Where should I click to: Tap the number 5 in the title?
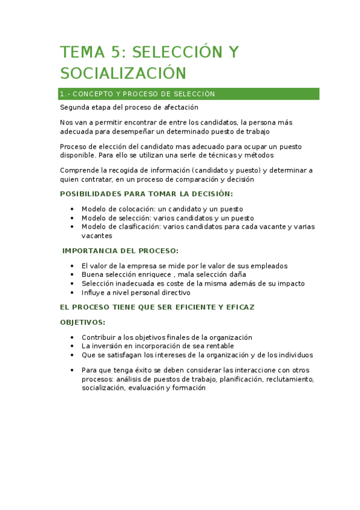tap(119, 52)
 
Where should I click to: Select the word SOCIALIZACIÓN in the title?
tap(123, 73)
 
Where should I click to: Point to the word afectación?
tap(180, 108)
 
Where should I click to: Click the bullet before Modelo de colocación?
tap(72, 209)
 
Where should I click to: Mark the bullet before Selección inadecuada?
tap(72, 283)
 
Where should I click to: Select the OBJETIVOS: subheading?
tap(82, 322)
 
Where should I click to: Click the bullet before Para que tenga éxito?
tap(72, 370)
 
